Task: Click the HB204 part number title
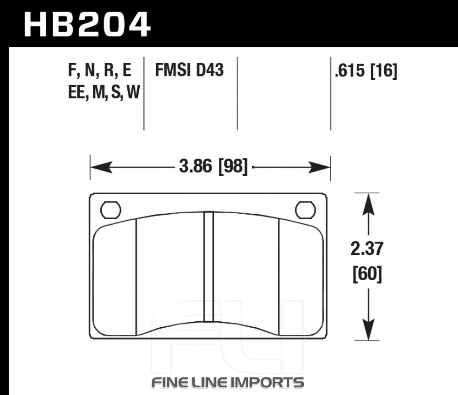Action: click(x=87, y=24)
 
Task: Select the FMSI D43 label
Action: click(x=189, y=70)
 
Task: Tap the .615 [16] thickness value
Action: click(x=366, y=70)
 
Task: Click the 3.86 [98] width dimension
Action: click(x=213, y=167)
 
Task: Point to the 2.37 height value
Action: click(x=367, y=249)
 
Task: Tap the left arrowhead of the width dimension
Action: click(x=101, y=167)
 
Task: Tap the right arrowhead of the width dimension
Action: click(x=319, y=167)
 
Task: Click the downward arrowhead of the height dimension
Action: click(x=368, y=329)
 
